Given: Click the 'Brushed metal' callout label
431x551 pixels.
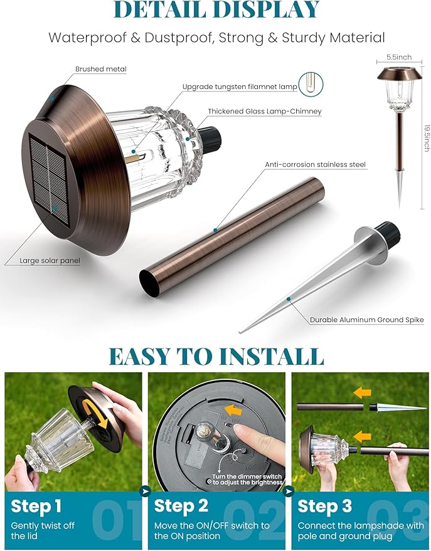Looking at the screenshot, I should click(x=100, y=69).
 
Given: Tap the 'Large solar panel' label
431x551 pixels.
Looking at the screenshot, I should click(x=50, y=261).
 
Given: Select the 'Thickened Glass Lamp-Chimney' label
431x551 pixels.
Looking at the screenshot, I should click(x=265, y=112).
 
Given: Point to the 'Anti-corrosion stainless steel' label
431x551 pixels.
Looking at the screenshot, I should click(x=315, y=164).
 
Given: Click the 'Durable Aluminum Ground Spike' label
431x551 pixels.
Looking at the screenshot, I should click(x=366, y=320).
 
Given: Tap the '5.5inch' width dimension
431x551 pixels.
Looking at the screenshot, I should click(x=399, y=57).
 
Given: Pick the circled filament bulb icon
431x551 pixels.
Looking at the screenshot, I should click(x=309, y=84).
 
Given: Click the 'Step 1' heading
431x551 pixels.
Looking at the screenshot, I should click(x=36, y=506).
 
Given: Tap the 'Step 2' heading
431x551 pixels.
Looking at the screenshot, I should click(x=182, y=506).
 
